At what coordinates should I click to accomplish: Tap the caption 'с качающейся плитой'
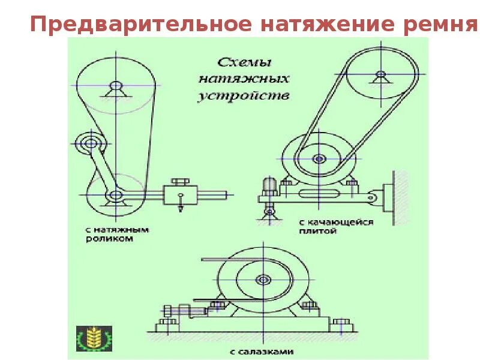[x=336, y=226]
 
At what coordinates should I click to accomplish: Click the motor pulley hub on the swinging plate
[x=319, y=160]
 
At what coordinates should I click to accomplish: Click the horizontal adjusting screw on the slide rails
[x=183, y=310]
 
